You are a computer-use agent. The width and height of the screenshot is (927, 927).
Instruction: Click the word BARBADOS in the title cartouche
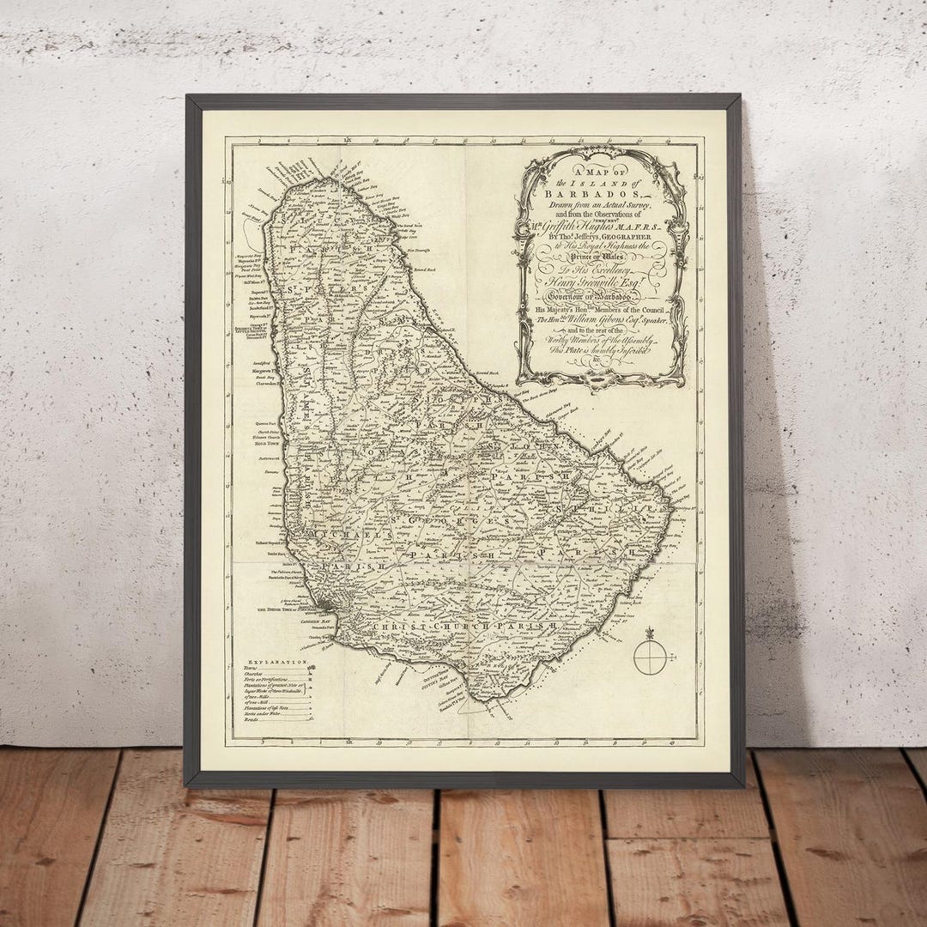tap(601, 191)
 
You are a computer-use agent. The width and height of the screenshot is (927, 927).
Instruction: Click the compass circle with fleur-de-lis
tap(648, 657)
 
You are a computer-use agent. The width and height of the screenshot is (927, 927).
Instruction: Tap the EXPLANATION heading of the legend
tap(276, 663)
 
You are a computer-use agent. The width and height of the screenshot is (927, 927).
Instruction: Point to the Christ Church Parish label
tap(463, 627)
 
